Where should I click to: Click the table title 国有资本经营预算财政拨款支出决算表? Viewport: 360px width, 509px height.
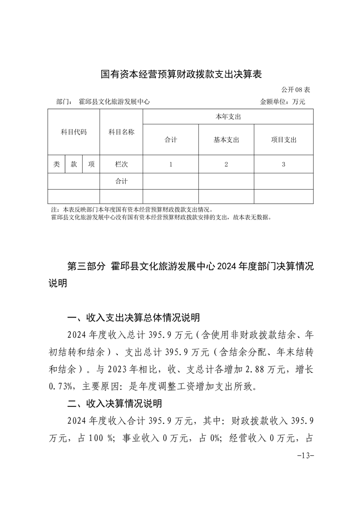pyautogui.click(x=181, y=74)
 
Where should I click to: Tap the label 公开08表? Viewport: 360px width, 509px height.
pyautogui.click(x=296, y=89)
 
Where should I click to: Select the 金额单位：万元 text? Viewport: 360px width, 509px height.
pyautogui.click(x=282, y=102)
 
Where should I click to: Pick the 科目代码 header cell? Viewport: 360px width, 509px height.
pyautogui.click(x=74, y=132)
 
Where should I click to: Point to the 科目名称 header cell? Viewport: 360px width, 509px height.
pyautogui.click(x=121, y=132)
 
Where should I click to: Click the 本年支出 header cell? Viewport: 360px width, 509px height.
pyautogui.click(x=228, y=117)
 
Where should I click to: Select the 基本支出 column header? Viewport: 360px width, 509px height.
pyautogui.click(x=226, y=140)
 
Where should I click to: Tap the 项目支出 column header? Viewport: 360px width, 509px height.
pyautogui.click(x=283, y=140)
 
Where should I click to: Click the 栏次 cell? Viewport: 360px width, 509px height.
pyautogui.click(x=121, y=164)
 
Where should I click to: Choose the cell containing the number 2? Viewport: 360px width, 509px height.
pyautogui.click(x=226, y=165)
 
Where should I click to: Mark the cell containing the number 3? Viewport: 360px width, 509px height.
pyautogui.click(x=283, y=165)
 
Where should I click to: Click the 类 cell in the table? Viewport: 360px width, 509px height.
pyautogui.click(x=56, y=164)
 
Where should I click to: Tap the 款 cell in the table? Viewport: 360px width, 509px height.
pyautogui.click(x=74, y=164)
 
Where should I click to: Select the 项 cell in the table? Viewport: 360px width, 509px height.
pyautogui.click(x=91, y=164)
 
